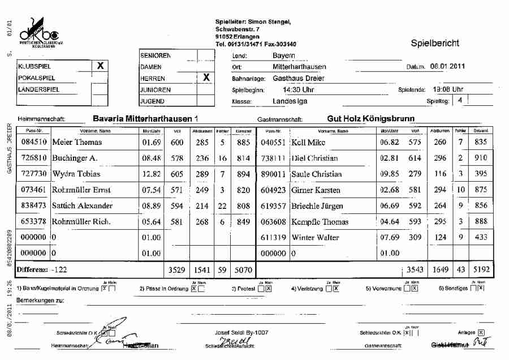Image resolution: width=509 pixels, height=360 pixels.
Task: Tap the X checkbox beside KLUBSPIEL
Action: coord(100,66)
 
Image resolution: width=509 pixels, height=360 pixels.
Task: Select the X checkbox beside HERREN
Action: coord(206,78)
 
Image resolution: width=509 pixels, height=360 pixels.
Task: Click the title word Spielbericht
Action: coord(435,43)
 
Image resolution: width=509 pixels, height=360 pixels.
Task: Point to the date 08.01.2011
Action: coord(447,66)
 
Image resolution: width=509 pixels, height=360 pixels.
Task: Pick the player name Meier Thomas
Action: coord(77,142)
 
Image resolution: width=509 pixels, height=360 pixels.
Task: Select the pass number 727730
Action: coord(33,174)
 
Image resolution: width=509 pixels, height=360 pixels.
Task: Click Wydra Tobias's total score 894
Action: coord(243,174)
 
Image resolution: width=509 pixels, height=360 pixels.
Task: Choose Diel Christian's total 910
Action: coord(481,158)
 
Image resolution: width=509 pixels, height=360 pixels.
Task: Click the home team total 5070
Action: coord(243,270)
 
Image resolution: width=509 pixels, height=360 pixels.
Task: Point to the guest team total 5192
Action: coord(481,270)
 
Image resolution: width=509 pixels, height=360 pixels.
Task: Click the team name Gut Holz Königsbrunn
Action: coord(371,119)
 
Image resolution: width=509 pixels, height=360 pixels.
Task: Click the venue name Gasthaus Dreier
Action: coord(299,78)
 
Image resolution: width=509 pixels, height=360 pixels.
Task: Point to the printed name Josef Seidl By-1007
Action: coord(241,332)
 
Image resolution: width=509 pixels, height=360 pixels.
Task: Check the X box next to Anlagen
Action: coord(481,332)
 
